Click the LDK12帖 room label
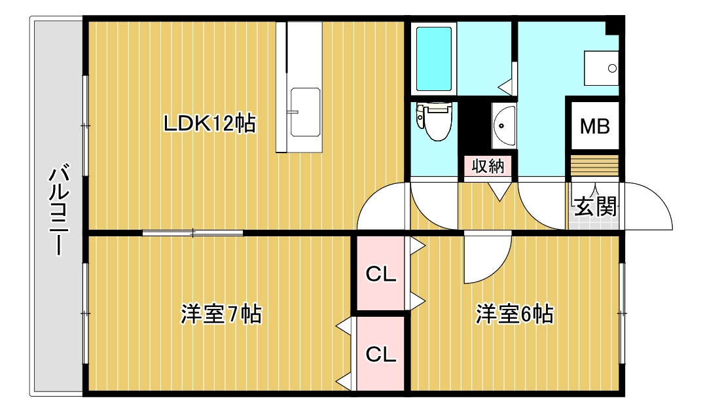[x=209, y=124]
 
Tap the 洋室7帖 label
[x=221, y=315]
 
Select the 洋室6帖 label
[x=515, y=315]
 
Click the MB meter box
[x=595, y=126]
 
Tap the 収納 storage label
[x=488, y=166]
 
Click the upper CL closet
[x=381, y=274]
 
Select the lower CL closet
[x=381, y=354]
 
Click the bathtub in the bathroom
[x=435, y=58]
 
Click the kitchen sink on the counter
[x=304, y=112]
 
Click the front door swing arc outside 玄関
[x=648, y=206]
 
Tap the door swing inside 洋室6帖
[x=484, y=259]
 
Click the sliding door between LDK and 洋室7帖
[x=193, y=232]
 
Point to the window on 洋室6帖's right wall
[x=622, y=313]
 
